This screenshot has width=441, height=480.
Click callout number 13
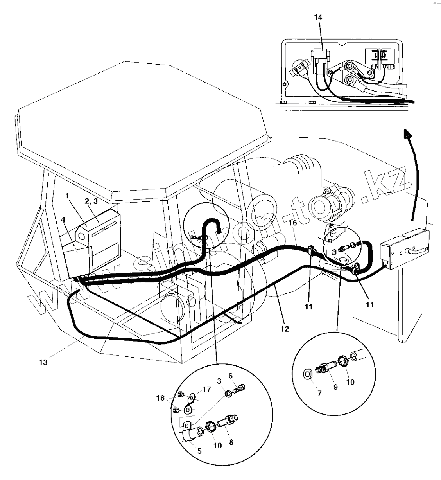pyautogui.click(x=43, y=362)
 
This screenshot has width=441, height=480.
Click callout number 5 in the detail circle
pyautogui.click(x=199, y=451)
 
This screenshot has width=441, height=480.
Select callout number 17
pyautogui.click(x=206, y=390)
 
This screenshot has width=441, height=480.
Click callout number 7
pyautogui.click(x=319, y=394)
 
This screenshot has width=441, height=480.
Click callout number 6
pyautogui.click(x=231, y=376)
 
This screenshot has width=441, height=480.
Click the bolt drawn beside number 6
pyautogui.click(x=240, y=390)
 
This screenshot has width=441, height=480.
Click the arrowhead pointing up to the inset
pyautogui.click(x=408, y=134)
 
